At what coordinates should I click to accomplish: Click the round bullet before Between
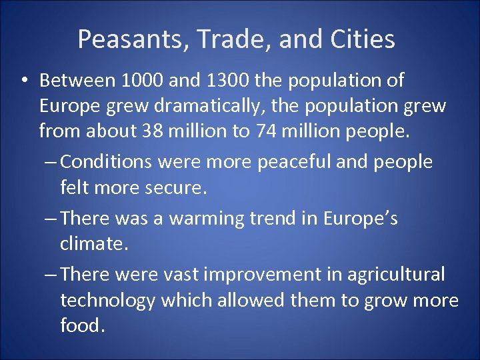[x=23, y=81]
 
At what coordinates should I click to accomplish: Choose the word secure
[x=175, y=187]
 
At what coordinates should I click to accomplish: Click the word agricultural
[x=389, y=275]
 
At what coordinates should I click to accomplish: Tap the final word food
[x=82, y=325]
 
